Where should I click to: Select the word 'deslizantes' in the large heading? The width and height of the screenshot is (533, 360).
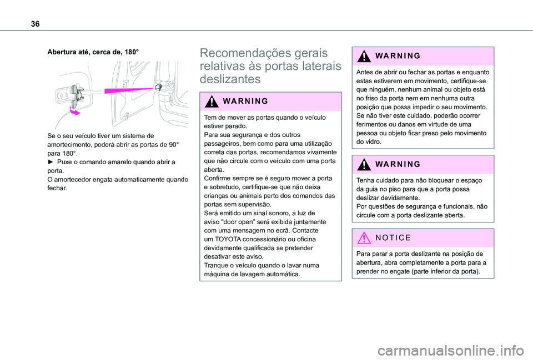coord(230,79)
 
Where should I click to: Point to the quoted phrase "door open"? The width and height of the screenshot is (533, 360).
coord(238,221)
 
